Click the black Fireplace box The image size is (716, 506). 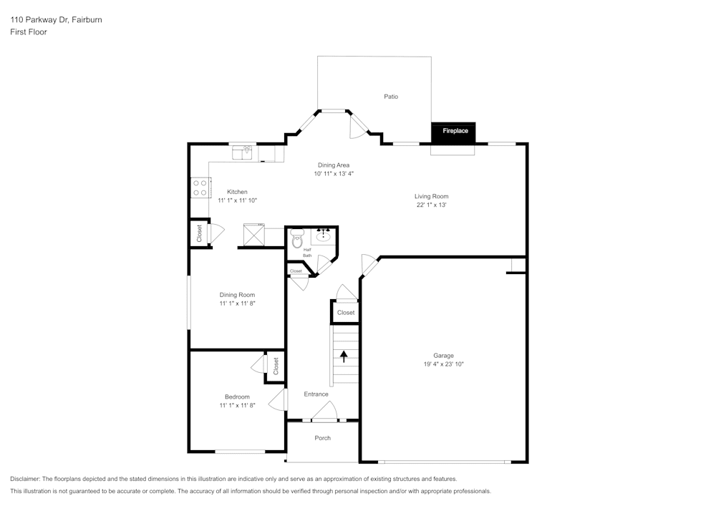[453, 132]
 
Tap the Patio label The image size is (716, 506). [391, 97]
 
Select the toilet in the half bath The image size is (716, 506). [297, 239]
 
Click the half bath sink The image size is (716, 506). [324, 235]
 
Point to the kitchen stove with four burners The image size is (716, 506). [200, 188]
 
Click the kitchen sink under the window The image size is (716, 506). [244, 152]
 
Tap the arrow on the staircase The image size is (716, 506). [344, 356]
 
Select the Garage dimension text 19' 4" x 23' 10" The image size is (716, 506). [443, 364]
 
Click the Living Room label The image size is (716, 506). [431, 196]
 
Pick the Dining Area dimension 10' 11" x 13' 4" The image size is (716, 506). [334, 174]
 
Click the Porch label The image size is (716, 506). [323, 438]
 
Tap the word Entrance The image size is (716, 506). [316, 394]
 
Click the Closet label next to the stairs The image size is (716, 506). [346, 313]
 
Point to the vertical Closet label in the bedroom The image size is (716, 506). [276, 366]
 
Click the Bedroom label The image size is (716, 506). [237, 397]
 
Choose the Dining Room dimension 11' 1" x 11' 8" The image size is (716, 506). [237, 303]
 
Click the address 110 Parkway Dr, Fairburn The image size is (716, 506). [56, 20]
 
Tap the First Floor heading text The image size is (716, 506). [29, 32]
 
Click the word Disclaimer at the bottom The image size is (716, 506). [26, 479]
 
